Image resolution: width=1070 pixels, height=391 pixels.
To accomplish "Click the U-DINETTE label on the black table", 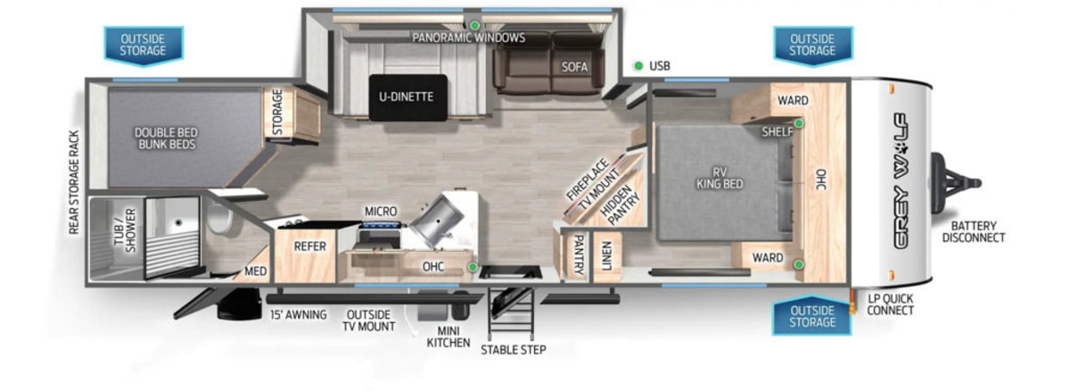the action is coord(406,96).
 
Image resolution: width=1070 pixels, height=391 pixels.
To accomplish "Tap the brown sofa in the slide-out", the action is coord(549,64).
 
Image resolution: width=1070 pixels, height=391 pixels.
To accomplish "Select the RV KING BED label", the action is coord(720,178).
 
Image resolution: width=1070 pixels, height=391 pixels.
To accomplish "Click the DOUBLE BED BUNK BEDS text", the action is coord(166,138).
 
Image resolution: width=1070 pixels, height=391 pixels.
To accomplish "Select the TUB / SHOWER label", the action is coord(125,230).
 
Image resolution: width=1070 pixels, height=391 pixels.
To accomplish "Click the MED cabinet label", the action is coord(256,271).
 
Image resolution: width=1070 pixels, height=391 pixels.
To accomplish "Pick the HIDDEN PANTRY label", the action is coord(619,204).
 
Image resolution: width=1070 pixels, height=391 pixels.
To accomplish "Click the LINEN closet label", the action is coord(606,255).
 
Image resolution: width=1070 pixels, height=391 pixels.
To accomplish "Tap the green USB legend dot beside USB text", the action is coord(638,66).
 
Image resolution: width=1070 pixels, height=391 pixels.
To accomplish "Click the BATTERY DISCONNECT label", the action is coord(974,231).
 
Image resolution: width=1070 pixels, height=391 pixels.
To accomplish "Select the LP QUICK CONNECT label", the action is coord(891,304).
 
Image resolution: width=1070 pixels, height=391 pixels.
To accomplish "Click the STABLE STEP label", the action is coord(514,350).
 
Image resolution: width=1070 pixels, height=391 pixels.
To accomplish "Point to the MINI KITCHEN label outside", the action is coord(448,337).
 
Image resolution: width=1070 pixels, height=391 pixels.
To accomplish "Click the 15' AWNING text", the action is coord(299,314).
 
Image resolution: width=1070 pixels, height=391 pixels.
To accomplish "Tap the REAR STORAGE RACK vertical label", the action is coord(73,183).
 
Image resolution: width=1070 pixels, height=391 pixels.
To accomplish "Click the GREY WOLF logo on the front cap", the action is coord(901,181).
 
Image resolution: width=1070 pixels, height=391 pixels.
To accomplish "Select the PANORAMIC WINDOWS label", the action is coord(469,37).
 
